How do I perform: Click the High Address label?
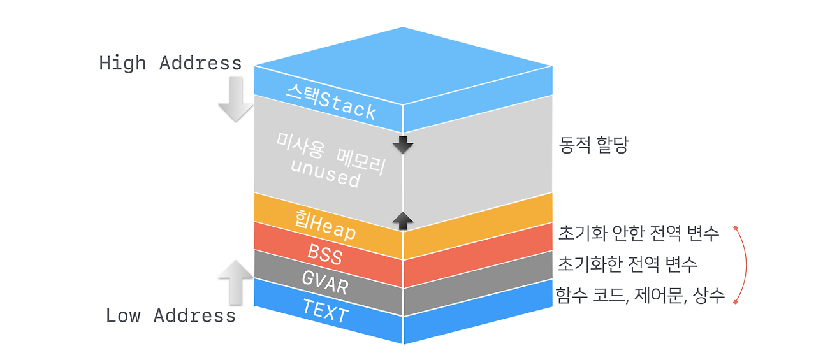(170, 63)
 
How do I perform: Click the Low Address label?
(170, 315)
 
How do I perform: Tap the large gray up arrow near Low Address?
(235, 281)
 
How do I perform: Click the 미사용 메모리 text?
(330, 153)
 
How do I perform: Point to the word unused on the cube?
(325, 173)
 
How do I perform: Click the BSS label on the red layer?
(325, 255)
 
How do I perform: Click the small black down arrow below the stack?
(403, 144)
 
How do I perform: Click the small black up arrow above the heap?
(403, 220)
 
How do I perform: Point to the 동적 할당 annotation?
(594, 146)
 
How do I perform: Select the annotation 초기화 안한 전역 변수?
(638, 233)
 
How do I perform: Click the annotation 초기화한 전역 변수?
(627, 263)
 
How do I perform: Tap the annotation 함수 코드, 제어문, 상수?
(640, 296)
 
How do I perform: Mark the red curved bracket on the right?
(746, 264)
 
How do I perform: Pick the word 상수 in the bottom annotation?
(711, 296)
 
